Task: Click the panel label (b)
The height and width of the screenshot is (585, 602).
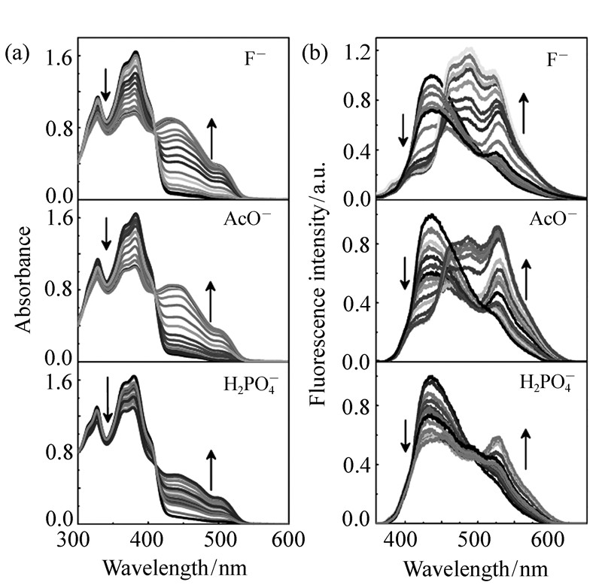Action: point(315,53)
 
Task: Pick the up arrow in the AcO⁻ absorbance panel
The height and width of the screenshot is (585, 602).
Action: point(211,302)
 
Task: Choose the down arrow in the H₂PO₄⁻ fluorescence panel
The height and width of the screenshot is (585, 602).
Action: point(406,436)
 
